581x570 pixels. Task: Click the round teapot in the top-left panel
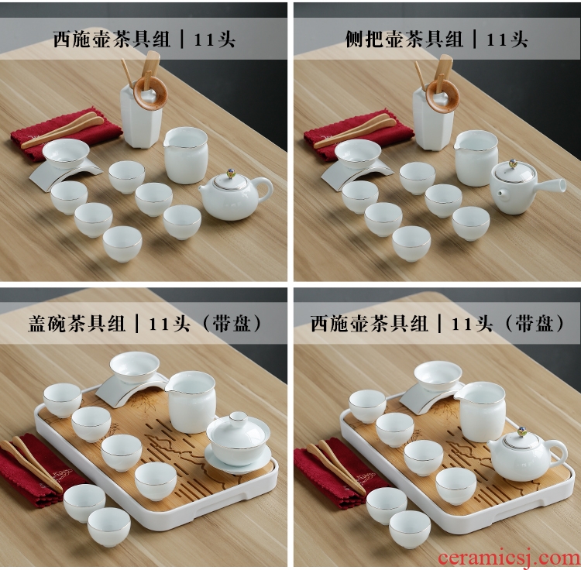(x=235, y=196)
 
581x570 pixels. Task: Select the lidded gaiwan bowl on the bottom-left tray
(x=238, y=442)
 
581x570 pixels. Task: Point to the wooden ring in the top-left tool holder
(x=150, y=94)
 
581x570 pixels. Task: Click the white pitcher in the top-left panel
(x=186, y=155)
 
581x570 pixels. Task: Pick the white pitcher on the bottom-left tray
(x=191, y=401)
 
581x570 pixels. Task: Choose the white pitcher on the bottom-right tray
(x=481, y=411)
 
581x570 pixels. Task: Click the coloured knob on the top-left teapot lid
(x=231, y=173)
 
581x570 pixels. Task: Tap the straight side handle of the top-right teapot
(x=550, y=184)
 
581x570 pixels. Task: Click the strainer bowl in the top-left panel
(x=66, y=153)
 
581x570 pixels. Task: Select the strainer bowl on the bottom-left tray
(x=135, y=366)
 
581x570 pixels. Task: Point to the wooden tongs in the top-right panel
(x=355, y=132)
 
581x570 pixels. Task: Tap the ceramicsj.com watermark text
(x=509, y=558)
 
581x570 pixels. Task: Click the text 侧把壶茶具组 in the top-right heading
(x=404, y=39)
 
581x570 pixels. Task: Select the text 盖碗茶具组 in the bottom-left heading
(x=77, y=324)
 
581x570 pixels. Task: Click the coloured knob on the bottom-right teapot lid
(x=523, y=431)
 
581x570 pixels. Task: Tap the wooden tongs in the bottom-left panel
(x=32, y=464)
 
